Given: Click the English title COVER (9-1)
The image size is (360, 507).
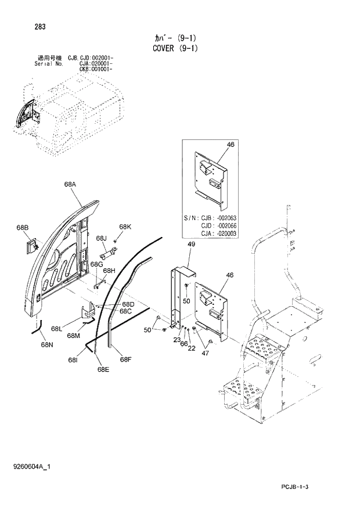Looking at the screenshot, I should point(179,48).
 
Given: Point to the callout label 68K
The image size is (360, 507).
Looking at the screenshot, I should point(125,226).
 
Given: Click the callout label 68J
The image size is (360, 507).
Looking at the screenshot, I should point(102,238).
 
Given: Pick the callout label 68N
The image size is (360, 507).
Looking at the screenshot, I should point(47,344).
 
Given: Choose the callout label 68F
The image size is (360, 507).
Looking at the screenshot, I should point(126,359).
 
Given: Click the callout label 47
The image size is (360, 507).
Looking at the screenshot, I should point(204,353).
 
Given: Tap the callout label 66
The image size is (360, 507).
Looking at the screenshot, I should point(183,344).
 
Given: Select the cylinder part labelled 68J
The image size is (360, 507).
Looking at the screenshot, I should point(110,253).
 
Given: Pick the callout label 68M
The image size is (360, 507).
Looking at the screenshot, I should point(73,335).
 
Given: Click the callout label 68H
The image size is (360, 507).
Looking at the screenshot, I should point(109,271).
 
